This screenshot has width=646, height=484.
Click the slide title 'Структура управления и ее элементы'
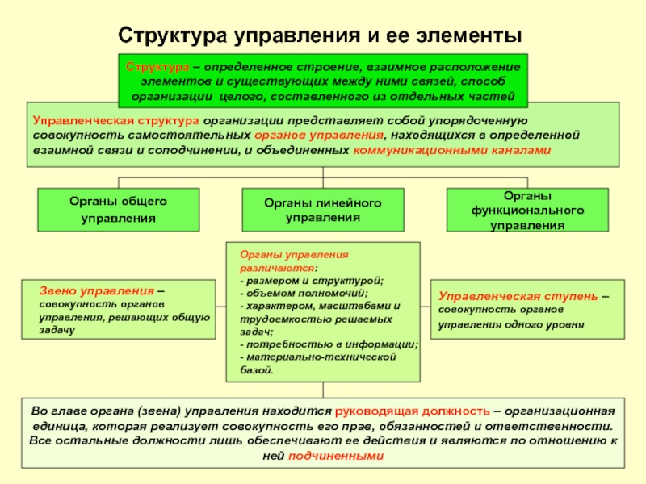pos(321,35)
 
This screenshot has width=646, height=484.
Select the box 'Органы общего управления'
pos(118,209)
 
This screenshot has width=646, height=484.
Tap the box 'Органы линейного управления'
pos(323,209)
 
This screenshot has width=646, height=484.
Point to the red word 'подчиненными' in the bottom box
pos(345,456)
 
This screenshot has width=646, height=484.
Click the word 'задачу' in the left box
pos(57,331)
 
